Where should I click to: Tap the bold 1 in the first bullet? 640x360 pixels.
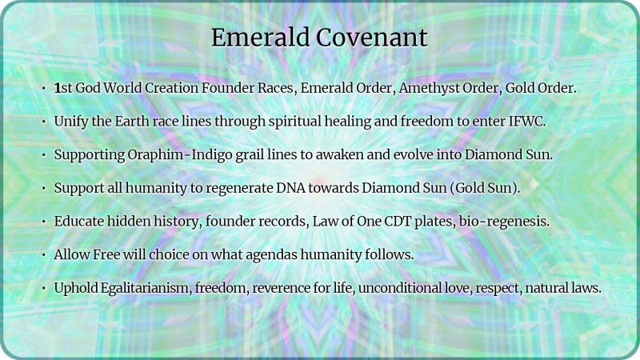point(58,88)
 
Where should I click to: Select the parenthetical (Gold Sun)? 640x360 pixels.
point(502,188)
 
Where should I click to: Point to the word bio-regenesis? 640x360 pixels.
point(504,221)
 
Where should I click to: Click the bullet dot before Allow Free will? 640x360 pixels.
point(43,254)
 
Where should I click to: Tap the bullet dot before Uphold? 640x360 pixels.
point(43,287)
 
